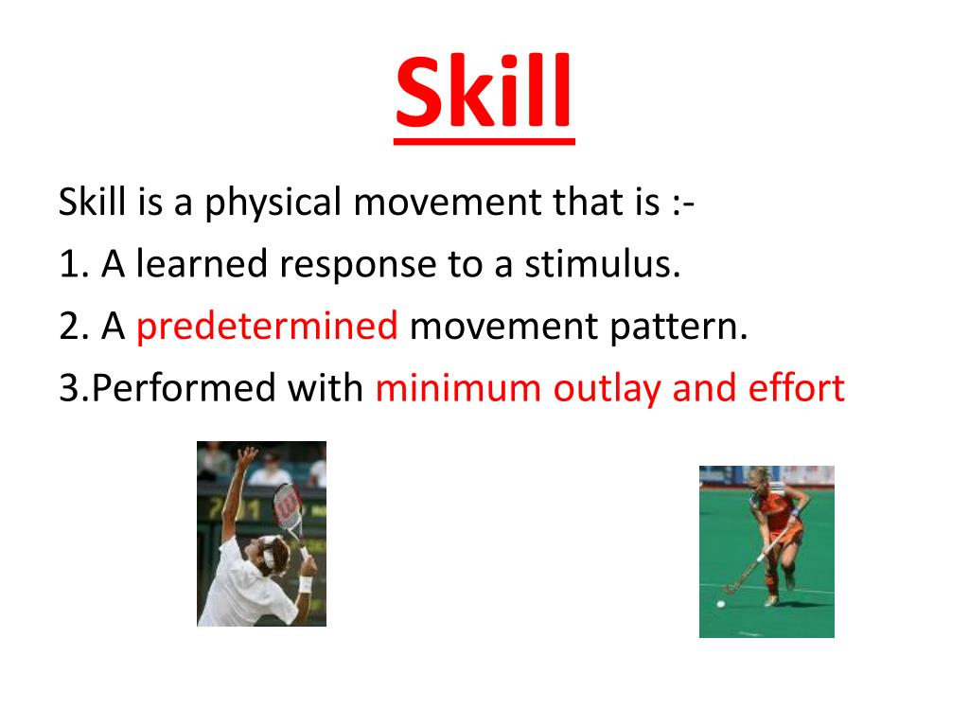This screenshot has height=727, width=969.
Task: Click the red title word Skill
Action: pyautogui.click(x=484, y=91)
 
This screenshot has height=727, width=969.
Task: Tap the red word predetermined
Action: pyautogui.click(x=267, y=327)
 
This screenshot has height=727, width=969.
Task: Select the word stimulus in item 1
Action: pyautogui.click(x=603, y=264)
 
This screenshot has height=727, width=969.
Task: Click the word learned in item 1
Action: pyautogui.click(x=202, y=264)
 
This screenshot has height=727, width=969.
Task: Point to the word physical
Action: pyautogui.click(x=273, y=203)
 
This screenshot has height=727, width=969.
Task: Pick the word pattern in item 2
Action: pyautogui.click(x=678, y=327)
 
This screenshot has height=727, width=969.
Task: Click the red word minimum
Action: pyautogui.click(x=458, y=389)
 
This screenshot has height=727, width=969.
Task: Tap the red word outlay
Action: pyautogui.click(x=607, y=389)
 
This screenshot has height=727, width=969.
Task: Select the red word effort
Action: pyautogui.click(x=797, y=387)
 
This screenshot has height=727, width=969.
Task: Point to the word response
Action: pyautogui.click(x=358, y=266)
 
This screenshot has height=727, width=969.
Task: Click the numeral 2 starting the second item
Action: pyautogui.click(x=68, y=327)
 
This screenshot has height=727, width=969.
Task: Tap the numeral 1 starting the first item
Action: pyautogui.click(x=67, y=264)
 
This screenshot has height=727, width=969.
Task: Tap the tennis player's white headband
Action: pyautogui.click(x=270, y=552)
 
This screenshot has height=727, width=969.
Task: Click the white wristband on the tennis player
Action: pyautogui.click(x=306, y=583)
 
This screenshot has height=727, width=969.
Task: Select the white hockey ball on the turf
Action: pyautogui.click(x=720, y=603)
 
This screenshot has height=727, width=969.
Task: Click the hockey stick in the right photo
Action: pyautogui.click(x=754, y=560)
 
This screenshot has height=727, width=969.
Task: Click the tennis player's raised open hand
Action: pyautogui.click(x=248, y=456)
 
